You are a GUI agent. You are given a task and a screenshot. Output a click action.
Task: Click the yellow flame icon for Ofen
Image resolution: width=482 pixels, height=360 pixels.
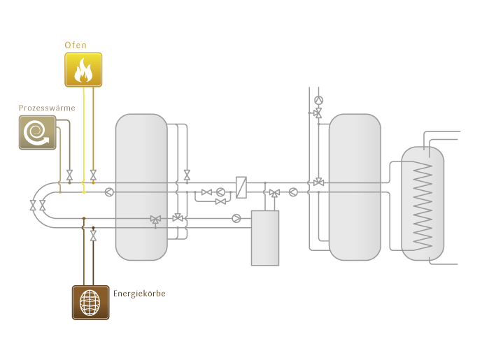pyautogui.click(x=83, y=69)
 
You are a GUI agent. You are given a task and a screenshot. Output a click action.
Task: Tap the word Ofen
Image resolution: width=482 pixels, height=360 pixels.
pyautogui.click(x=76, y=45)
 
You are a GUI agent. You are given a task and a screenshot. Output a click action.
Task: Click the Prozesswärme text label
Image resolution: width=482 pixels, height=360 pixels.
pyautogui.click(x=47, y=108)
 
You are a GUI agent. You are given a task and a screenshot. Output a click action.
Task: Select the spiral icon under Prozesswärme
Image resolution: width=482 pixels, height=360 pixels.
pyautogui.click(x=37, y=133)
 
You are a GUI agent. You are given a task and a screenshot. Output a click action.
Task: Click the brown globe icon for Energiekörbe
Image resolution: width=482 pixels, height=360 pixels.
pyautogui.click(x=90, y=302)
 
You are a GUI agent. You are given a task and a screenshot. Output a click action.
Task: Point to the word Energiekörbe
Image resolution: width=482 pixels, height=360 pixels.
pyautogui.click(x=139, y=293)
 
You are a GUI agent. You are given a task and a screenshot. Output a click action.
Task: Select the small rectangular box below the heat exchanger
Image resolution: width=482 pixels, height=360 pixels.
pyautogui.click(x=265, y=238)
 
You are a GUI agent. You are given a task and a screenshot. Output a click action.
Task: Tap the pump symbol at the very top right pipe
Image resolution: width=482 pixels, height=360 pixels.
pyautogui.click(x=318, y=100)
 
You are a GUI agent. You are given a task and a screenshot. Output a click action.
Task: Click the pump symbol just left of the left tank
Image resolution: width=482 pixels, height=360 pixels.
pyautogui.click(x=108, y=192)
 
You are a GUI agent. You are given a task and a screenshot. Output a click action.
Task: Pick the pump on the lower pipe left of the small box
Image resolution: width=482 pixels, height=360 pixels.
pyautogui.click(x=236, y=218)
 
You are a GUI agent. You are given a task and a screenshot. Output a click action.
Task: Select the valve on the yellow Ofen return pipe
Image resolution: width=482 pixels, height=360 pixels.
pyautogui.click(x=93, y=175)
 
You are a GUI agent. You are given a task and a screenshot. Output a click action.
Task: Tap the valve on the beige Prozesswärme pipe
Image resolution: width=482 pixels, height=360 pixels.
pyautogui.click(x=69, y=173)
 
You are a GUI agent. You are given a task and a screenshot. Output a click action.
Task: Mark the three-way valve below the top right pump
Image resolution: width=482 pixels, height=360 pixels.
pyautogui.click(x=318, y=113)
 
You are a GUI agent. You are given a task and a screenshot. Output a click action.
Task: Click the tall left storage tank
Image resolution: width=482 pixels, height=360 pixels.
pyautogui.click(x=141, y=187)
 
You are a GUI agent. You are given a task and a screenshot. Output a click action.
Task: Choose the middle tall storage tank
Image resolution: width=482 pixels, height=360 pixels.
pyautogui.click(x=355, y=187)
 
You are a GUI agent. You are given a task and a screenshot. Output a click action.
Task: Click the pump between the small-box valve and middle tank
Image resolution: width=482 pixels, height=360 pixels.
pyautogui.click(x=293, y=192)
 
